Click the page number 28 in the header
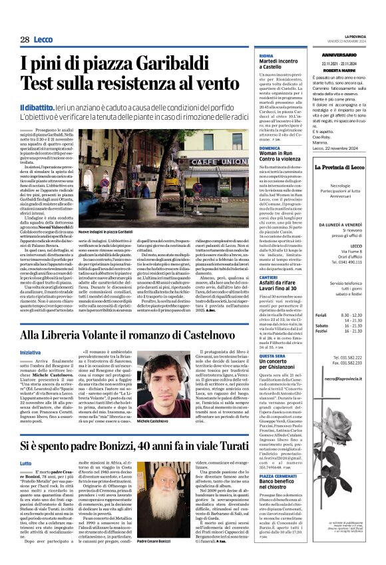[x=24, y=40]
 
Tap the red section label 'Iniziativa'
[x=30, y=351]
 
